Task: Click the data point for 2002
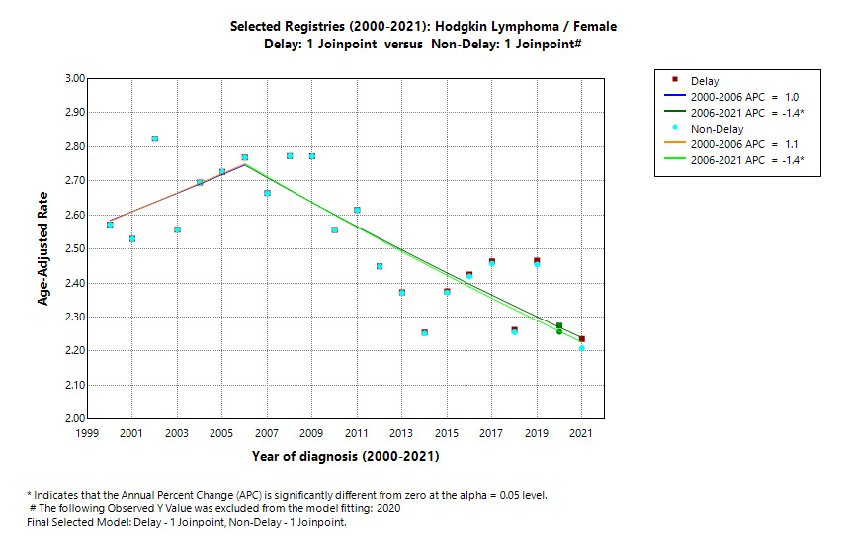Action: click(154, 138)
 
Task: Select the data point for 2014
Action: click(424, 332)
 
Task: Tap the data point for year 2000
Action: click(110, 225)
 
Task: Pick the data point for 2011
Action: click(357, 210)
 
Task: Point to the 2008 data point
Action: click(290, 156)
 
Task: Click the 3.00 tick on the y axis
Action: click(72, 78)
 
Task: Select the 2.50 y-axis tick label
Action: click(72, 248)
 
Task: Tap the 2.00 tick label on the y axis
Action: click(72, 418)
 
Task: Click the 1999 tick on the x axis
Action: click(87, 433)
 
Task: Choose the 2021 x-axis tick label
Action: click(582, 433)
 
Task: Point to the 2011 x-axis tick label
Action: click(357, 433)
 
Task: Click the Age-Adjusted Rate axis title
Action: click(43, 248)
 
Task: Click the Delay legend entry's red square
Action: click(674, 79)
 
